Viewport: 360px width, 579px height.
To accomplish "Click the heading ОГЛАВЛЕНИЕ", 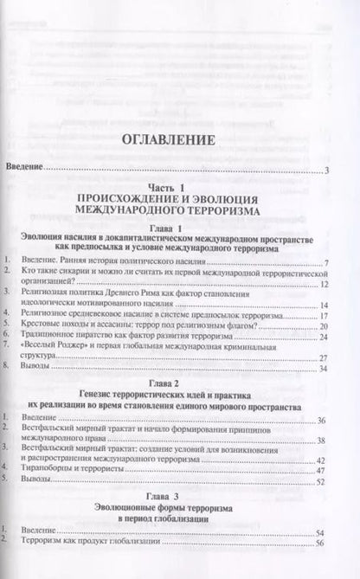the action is (x=179, y=141).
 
